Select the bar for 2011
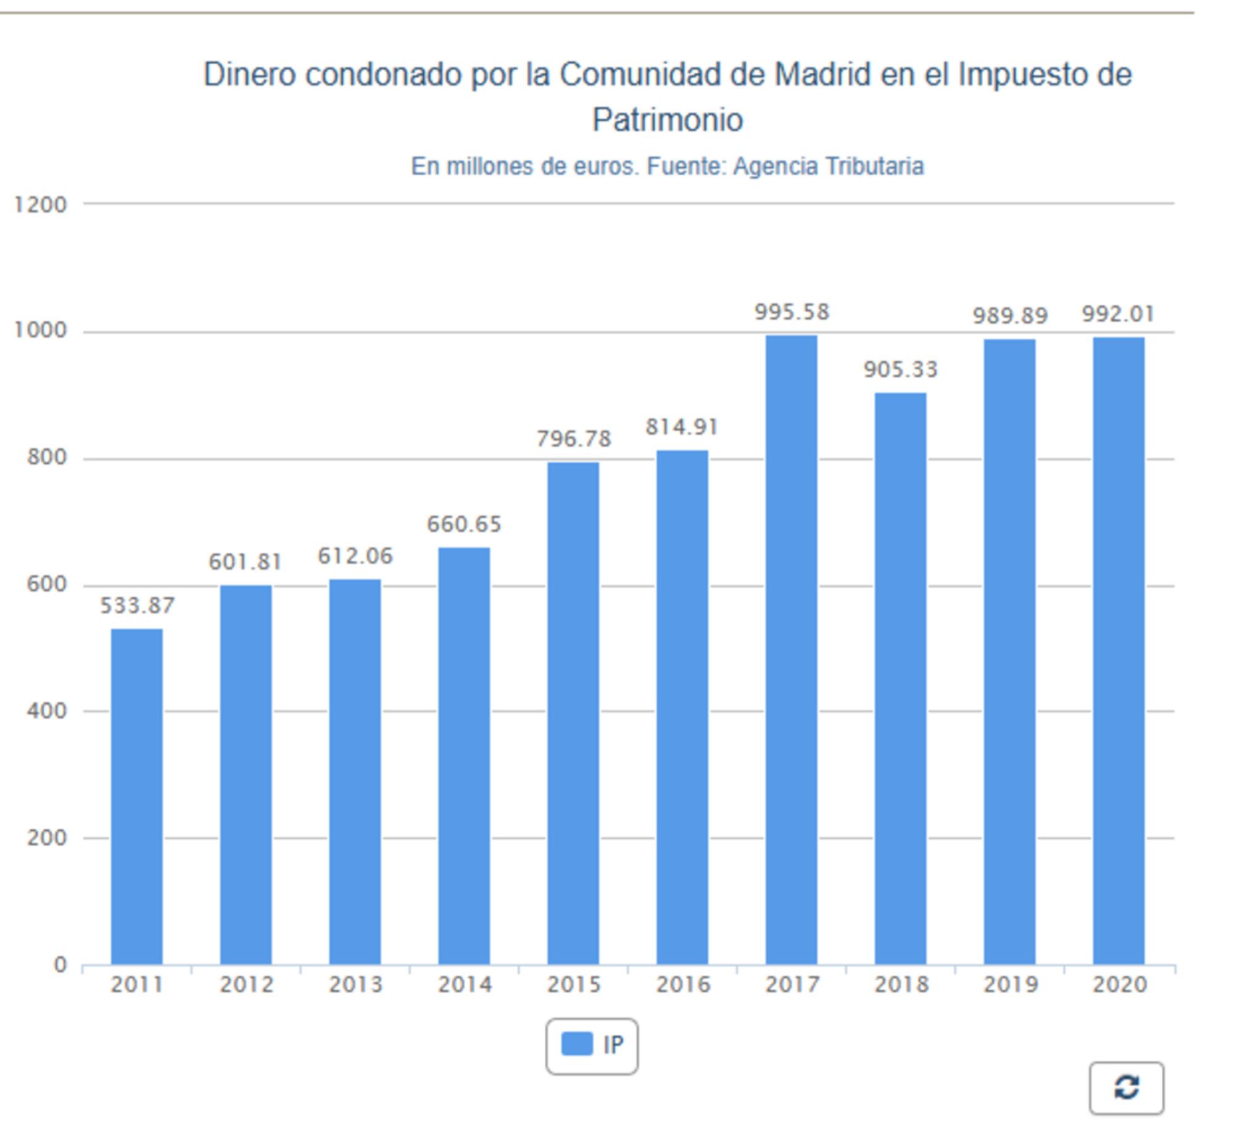tap(137, 796)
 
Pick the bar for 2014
tap(464, 755)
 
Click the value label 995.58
tap(792, 312)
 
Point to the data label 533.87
tap(138, 606)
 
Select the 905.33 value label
tap(901, 369)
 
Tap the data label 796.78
tap(574, 439)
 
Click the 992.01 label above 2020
tap(1118, 315)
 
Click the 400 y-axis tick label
tap(47, 711)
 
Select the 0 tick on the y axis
tap(60, 965)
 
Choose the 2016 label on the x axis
tap(683, 984)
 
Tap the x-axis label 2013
tap(355, 984)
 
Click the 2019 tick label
tap(1010, 984)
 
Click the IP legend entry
tap(592, 1045)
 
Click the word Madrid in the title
tap(822, 75)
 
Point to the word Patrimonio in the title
tap(668, 120)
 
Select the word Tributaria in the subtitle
tap(874, 167)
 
